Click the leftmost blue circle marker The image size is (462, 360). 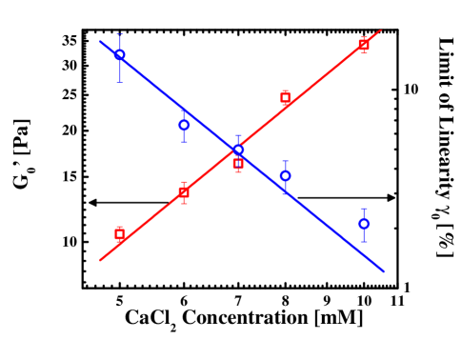(120, 54)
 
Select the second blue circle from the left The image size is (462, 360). (184, 125)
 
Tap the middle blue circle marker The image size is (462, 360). (238, 150)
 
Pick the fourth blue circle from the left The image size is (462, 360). (285, 176)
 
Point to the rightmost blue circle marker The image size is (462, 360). (364, 224)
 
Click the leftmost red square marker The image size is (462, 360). (120, 233)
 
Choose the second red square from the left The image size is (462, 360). (184, 192)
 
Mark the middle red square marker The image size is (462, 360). (238, 164)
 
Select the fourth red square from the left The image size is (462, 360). (285, 97)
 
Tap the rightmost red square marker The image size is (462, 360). (364, 44)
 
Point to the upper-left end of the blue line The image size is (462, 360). (101, 42)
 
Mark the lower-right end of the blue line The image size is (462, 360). (383, 271)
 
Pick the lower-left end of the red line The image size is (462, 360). (101, 260)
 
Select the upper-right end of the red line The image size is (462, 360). (380, 30)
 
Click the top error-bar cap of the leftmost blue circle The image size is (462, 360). (120, 35)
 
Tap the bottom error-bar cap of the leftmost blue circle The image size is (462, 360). (120, 82)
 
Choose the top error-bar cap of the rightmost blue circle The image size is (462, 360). (364, 209)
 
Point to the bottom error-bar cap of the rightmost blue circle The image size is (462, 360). (364, 242)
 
